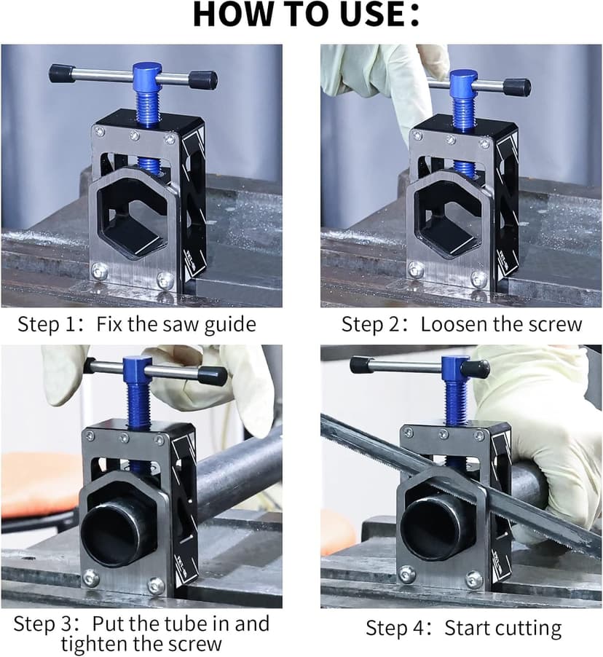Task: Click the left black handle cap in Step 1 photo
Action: click(62, 74)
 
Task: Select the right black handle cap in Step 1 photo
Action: click(202, 80)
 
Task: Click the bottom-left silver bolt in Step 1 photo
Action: click(99, 271)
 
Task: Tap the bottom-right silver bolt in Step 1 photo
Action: click(165, 280)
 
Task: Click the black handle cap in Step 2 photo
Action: click(517, 87)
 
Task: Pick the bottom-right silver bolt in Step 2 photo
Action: click(478, 280)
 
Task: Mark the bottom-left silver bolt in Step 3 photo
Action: click(91, 578)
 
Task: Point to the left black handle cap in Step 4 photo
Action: click(360, 365)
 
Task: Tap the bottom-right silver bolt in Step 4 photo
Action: click(474, 581)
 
